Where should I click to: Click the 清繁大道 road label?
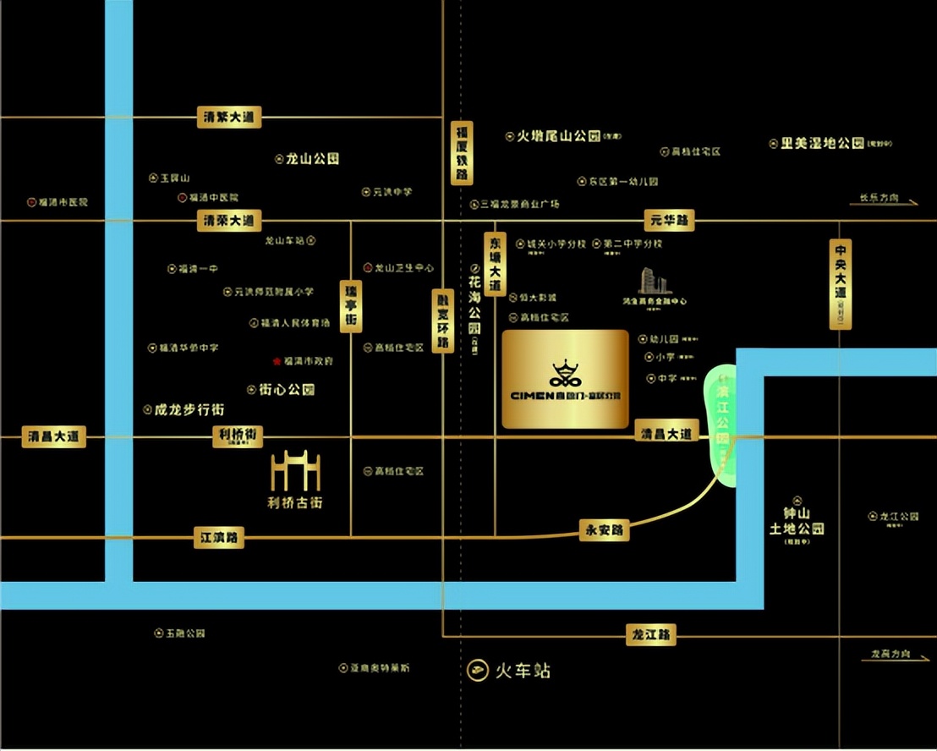[227, 118]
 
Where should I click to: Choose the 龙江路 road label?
[651, 634]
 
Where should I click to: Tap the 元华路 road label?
[669, 221]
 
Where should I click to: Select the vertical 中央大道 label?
[841, 283]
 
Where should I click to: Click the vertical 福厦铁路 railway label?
[461, 153]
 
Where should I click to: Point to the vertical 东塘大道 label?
[495, 264]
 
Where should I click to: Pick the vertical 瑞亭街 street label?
[351, 304]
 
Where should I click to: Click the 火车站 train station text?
[522, 671]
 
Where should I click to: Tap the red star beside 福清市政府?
[277, 360]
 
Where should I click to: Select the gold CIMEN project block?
[565, 379]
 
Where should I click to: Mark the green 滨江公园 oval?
[721, 425]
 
